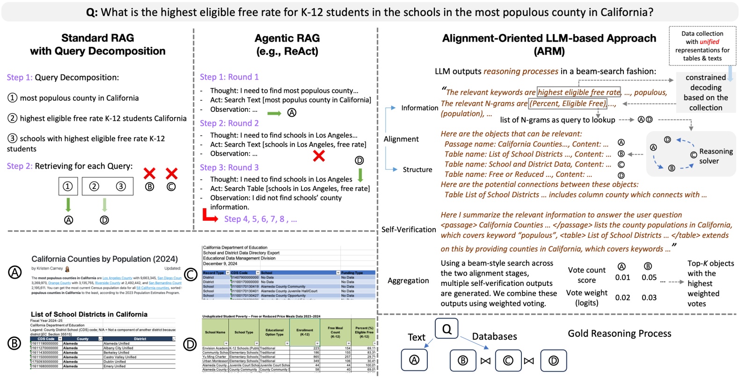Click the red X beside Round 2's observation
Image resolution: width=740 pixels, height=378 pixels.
pyautogui.click(x=319, y=156)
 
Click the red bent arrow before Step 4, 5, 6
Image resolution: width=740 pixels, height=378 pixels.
pyautogui.click(x=209, y=216)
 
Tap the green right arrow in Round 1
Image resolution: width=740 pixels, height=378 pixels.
pyautogui.click(x=274, y=113)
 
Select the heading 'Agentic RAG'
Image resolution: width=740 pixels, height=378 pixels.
pyautogui.click(x=287, y=38)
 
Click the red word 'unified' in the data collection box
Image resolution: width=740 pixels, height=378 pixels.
pyautogui.click(x=709, y=42)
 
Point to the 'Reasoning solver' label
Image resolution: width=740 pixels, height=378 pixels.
pyautogui.click(x=715, y=156)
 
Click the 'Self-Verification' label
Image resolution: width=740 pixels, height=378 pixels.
pyautogui.click(x=409, y=229)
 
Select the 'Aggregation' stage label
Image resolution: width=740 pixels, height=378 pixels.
pyautogui.click(x=408, y=280)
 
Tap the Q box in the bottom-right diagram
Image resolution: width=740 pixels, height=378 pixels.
pyautogui.click(x=447, y=329)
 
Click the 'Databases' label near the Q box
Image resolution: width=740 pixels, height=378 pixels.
pyautogui.click(x=494, y=336)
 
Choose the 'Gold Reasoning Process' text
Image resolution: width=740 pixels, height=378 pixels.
pyautogui.click(x=619, y=333)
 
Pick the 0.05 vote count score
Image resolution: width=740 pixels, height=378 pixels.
pyautogui.click(x=649, y=277)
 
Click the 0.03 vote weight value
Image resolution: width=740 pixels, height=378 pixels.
pyautogui.click(x=649, y=298)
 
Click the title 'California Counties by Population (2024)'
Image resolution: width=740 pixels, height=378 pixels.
pyautogui.click(x=104, y=259)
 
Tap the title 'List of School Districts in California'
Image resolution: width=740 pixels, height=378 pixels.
pyautogui.click(x=89, y=314)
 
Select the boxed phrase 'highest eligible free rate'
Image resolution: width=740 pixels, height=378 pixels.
pyautogui.click(x=579, y=92)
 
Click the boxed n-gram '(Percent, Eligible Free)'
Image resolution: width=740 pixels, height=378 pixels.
pyautogui.click(x=567, y=103)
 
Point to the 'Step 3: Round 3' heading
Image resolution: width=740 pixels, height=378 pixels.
pyautogui.click(x=229, y=167)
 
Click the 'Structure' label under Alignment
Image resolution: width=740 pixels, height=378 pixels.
pyautogui.click(x=417, y=169)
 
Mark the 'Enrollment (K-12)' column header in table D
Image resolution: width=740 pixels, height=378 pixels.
pyautogui.click(x=305, y=332)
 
